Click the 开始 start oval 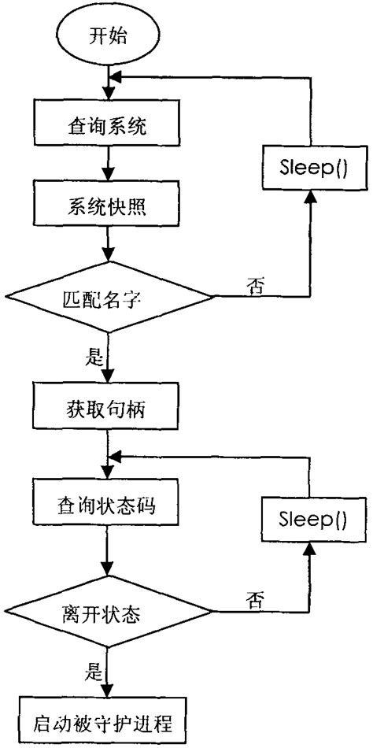pos(107,35)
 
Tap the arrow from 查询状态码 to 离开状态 pos(107,551)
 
